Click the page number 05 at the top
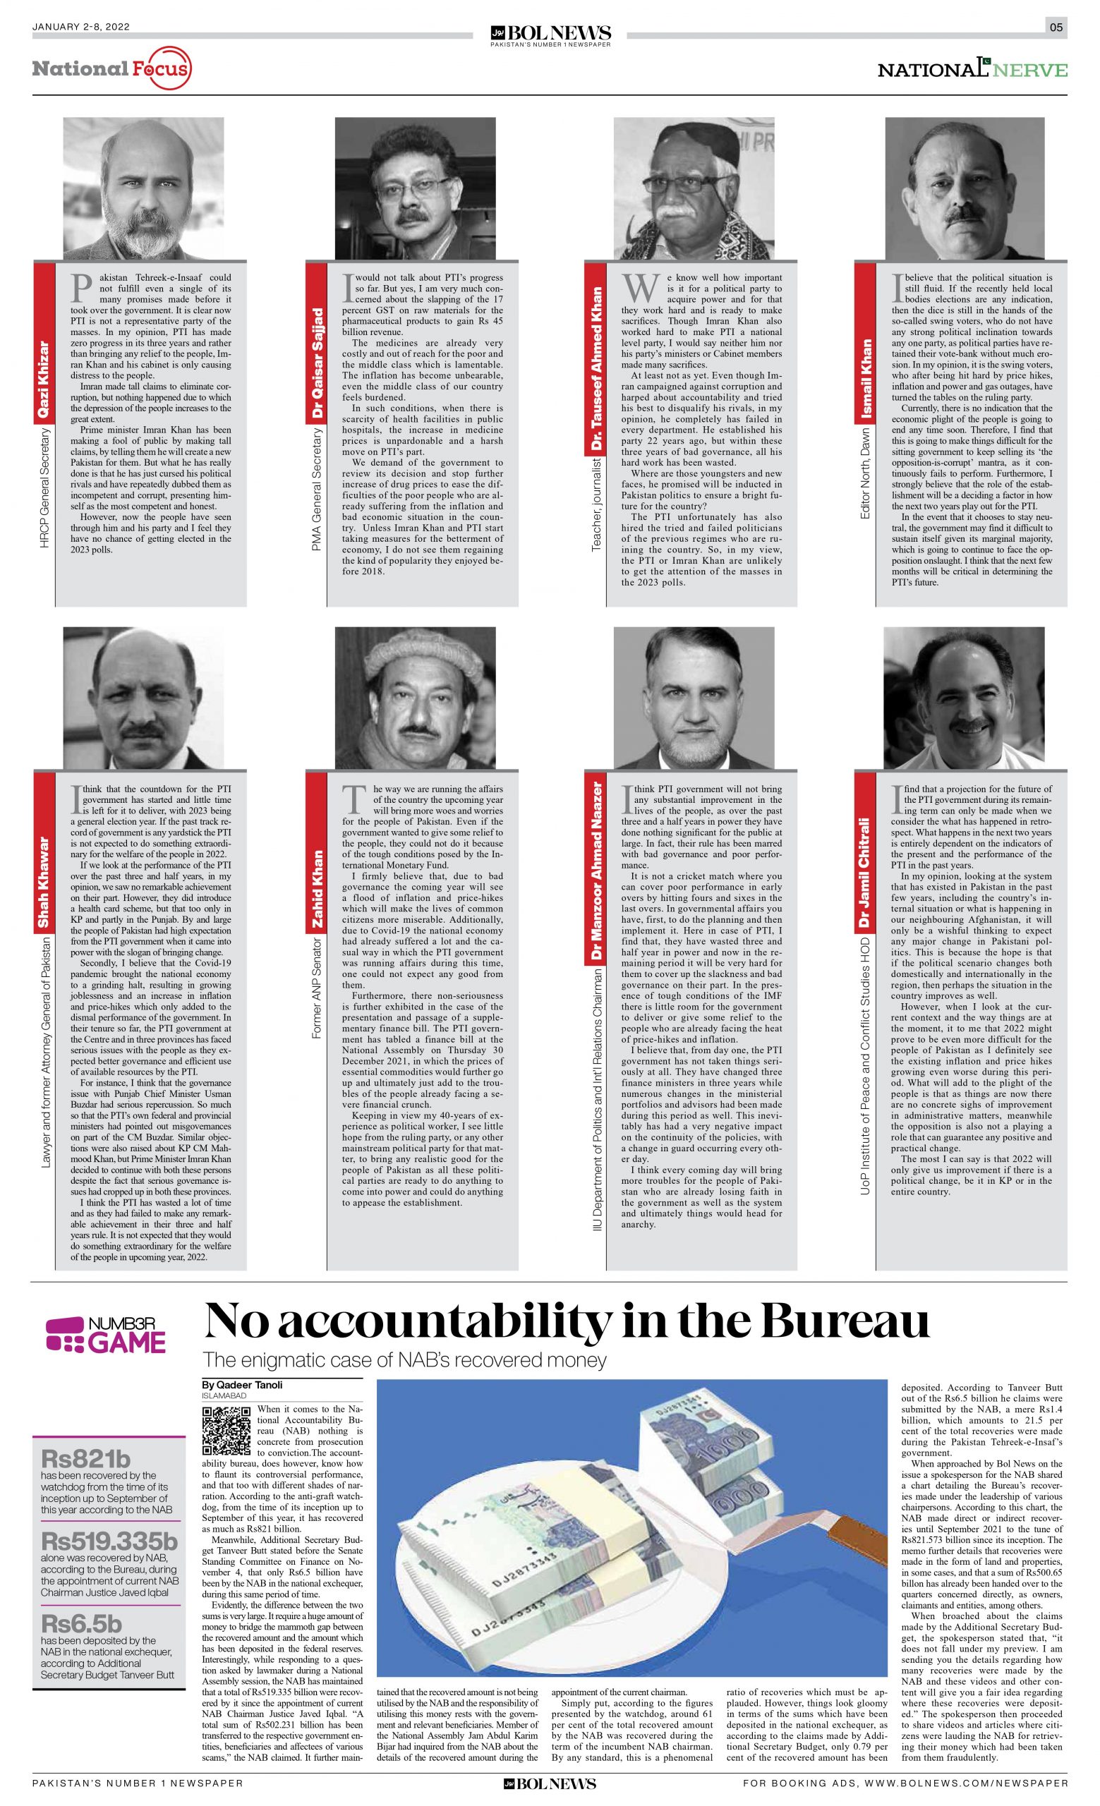click(1056, 28)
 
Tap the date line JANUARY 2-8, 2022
click(80, 27)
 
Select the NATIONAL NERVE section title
click(972, 70)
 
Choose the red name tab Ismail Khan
click(866, 379)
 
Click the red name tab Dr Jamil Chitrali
click(866, 873)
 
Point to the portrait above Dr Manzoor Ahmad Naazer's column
click(694, 697)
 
